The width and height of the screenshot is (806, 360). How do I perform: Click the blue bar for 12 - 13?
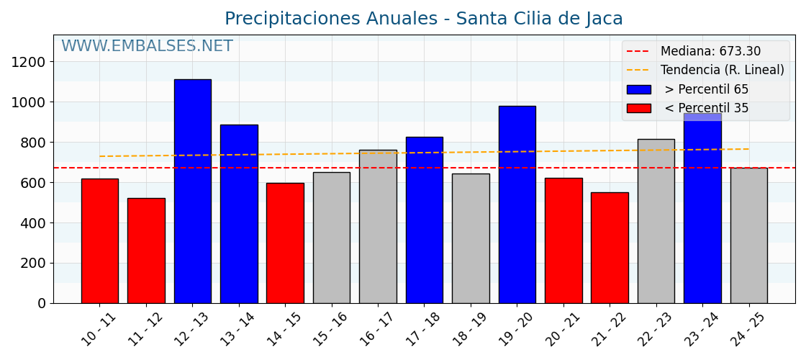(x=192, y=191)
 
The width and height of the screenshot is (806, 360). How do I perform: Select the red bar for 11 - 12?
(x=146, y=251)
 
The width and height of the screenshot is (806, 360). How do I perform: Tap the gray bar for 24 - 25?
(x=748, y=235)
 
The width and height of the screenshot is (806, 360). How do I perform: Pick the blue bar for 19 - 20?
(x=517, y=204)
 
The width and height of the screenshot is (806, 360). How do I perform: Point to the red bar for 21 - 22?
(x=610, y=248)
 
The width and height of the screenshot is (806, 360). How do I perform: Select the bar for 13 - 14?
(x=239, y=214)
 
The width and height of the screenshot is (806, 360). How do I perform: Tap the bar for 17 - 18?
(x=424, y=220)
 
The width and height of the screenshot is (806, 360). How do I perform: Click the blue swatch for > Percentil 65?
(x=638, y=89)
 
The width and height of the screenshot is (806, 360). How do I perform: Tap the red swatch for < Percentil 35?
(x=638, y=108)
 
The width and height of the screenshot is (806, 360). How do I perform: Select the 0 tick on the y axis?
(x=42, y=303)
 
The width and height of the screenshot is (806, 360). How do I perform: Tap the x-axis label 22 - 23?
(x=653, y=330)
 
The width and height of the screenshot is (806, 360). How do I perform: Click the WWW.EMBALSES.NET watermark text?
(x=147, y=47)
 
